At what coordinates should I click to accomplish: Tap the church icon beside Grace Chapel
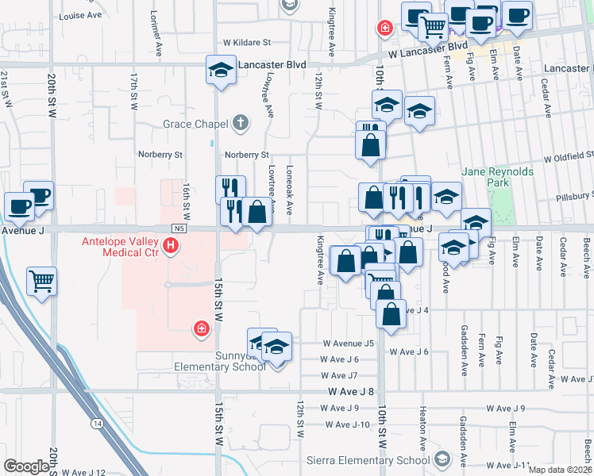coord(241,123)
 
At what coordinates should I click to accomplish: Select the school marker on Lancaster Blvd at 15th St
coord(221,70)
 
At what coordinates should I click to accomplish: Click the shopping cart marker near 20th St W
coord(42,281)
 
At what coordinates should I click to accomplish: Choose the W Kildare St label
coord(247,42)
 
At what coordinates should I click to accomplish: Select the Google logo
coord(26,466)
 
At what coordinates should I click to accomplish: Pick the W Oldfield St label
coord(569,156)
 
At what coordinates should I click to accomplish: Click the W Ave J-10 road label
coord(348,424)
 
